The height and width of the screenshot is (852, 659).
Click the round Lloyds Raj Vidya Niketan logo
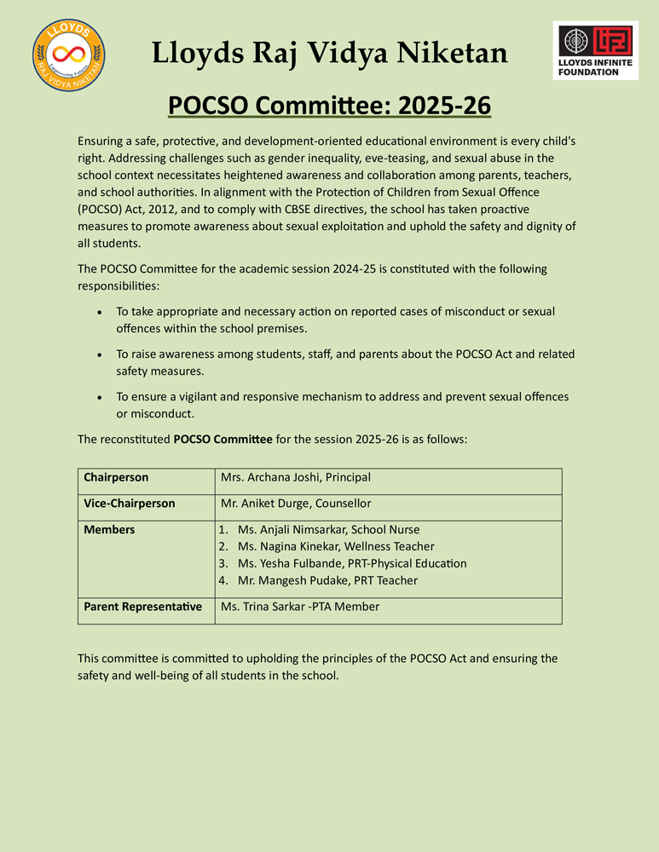pyautogui.click(x=68, y=53)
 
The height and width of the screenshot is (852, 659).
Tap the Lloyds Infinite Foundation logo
pyautogui.click(x=596, y=50)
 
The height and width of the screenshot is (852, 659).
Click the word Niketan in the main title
pyautogui.click(x=453, y=54)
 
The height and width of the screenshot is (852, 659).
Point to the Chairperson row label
pyautogui.click(x=116, y=478)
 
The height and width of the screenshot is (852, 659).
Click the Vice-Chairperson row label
pyautogui.click(x=130, y=504)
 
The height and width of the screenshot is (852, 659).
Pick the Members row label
pyautogui.click(x=109, y=530)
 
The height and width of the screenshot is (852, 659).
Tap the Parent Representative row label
pyautogui.click(x=142, y=607)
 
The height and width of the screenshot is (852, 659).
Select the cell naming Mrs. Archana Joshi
pyautogui.click(x=295, y=478)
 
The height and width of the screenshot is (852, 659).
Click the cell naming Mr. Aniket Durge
pyautogui.click(x=295, y=504)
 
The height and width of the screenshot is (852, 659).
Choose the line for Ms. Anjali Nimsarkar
pyautogui.click(x=328, y=530)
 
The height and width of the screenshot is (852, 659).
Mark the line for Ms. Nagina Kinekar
pyautogui.click(x=336, y=546)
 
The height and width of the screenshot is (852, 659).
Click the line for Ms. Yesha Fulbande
pyautogui.click(x=352, y=563)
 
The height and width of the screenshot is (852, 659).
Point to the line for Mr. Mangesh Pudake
pyautogui.click(x=327, y=580)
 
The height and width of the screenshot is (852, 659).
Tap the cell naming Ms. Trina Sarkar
pyautogui.click(x=299, y=607)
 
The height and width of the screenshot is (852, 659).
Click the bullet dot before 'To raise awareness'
pyautogui.click(x=101, y=354)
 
